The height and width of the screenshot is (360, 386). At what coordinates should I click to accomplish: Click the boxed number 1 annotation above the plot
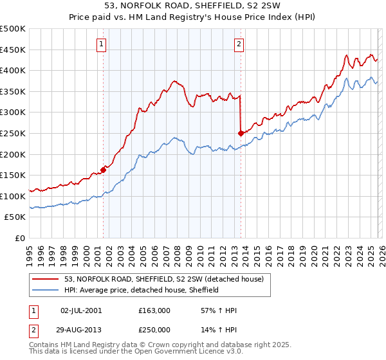[x=102, y=44]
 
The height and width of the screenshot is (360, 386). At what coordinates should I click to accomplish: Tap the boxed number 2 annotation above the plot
[x=239, y=44]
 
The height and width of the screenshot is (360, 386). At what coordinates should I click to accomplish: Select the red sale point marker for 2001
[x=103, y=170]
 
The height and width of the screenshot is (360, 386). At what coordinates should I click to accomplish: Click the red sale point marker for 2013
[x=241, y=134]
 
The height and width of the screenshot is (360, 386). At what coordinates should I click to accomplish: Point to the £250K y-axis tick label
[x=13, y=133]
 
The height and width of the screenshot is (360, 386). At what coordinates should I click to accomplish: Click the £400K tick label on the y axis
[x=13, y=70]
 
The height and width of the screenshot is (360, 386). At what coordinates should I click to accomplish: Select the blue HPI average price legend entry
[x=142, y=290]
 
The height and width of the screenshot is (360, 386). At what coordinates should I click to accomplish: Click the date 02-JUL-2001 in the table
[x=82, y=310]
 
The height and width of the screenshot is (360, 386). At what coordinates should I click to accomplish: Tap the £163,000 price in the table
[x=154, y=310]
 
